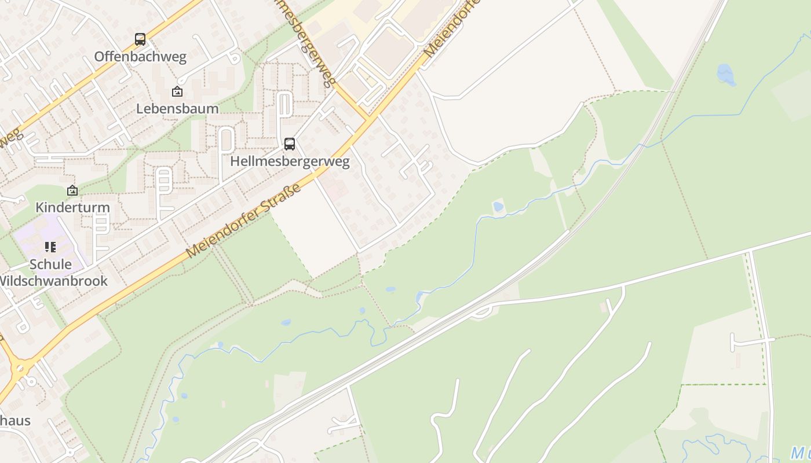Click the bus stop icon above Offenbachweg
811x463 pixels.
point(140,39)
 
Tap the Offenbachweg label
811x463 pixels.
point(140,57)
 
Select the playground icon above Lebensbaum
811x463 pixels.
point(177,91)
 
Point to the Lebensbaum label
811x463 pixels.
point(177,108)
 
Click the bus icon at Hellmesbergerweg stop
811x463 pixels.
point(289,144)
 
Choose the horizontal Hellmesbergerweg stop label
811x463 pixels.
point(290,161)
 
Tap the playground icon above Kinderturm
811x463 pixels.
point(72,190)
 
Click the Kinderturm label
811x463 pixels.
point(72,207)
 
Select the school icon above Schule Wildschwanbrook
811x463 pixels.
point(50,247)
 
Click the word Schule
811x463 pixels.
point(50,264)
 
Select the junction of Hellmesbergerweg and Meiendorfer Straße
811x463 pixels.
point(367,118)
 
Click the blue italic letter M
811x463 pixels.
point(799,452)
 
